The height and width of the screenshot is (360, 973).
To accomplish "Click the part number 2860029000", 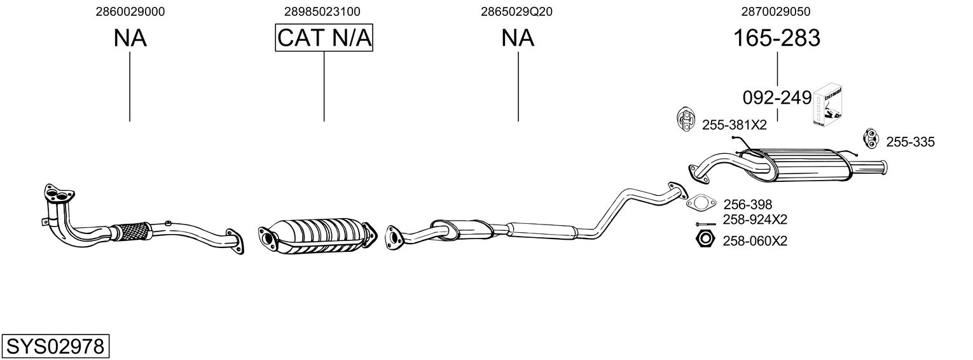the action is [130, 11].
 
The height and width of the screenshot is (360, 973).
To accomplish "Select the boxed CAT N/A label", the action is [324, 38].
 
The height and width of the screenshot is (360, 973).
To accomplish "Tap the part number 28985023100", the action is [322, 11].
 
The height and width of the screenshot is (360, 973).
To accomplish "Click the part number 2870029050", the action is [776, 11].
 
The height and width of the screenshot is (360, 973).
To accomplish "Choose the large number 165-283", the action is [776, 38].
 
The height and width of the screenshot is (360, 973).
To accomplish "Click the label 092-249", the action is [776, 98].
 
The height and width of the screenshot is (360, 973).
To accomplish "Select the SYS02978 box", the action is [55, 347].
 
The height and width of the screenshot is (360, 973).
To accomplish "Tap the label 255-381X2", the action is [735, 125].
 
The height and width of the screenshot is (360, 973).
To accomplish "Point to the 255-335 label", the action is [910, 142].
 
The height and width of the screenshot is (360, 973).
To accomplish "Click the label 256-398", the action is [747, 205].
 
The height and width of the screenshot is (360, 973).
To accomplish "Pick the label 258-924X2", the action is [755, 220].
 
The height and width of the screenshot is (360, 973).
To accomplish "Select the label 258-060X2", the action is [755, 242].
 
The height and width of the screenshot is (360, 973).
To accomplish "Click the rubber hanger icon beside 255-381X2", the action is [686, 119].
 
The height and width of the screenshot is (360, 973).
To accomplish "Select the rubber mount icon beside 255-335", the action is [869, 137].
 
